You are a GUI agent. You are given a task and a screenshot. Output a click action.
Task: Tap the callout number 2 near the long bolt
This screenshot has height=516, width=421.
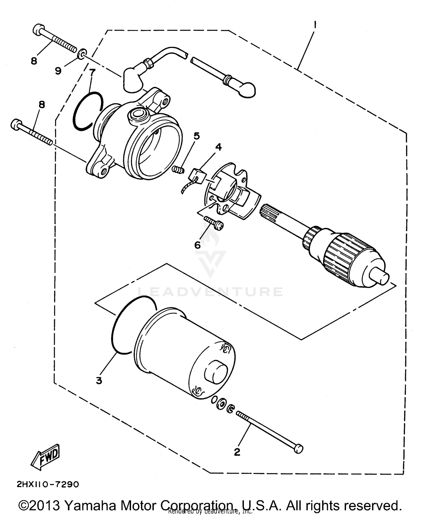point(237,452)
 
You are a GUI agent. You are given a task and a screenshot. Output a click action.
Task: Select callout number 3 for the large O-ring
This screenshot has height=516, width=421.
point(99,381)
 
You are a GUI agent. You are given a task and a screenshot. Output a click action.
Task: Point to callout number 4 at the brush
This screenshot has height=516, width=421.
point(218,147)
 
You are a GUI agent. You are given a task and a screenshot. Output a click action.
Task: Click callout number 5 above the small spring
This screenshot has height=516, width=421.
point(196,136)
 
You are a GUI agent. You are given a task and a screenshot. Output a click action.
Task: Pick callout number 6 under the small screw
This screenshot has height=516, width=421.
point(198,245)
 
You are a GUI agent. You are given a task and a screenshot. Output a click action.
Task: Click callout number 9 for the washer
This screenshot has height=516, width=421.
point(58,71)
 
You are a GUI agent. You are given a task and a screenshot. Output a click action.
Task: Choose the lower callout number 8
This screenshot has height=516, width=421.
point(42,105)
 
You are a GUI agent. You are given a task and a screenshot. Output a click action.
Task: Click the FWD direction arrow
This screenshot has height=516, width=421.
point(46,457)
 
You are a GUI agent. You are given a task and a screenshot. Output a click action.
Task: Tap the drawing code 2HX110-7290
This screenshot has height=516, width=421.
point(48,484)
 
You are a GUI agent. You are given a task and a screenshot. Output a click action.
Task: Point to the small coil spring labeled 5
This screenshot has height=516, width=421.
point(177,169)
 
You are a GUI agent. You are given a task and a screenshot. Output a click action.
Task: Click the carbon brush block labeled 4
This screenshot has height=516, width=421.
point(196,176)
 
